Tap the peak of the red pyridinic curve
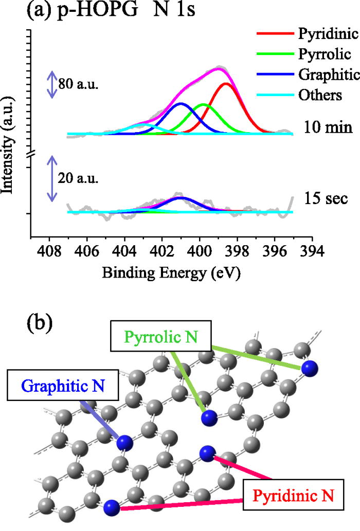click(226, 83)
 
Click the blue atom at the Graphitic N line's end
click(125, 443)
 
